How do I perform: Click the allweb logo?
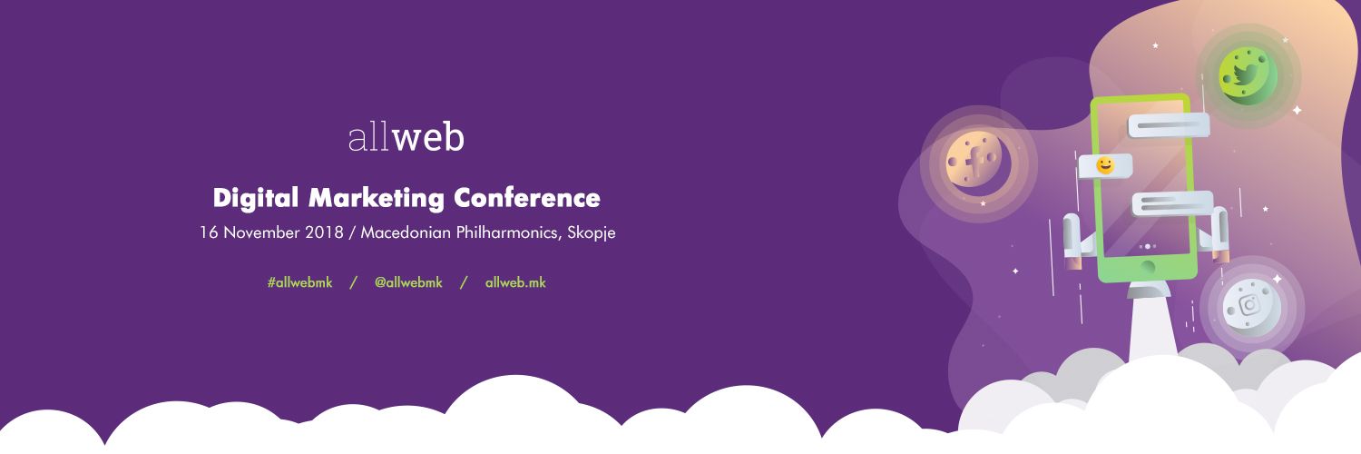click(x=406, y=137)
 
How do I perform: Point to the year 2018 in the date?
click(x=318, y=232)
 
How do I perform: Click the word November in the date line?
click(x=255, y=232)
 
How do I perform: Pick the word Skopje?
click(x=591, y=232)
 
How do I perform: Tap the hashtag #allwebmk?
click(x=299, y=282)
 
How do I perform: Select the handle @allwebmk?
click(x=408, y=282)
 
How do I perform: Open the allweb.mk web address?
click(x=515, y=282)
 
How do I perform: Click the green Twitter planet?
click(x=1248, y=74)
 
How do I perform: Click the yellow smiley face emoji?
click(x=1104, y=165)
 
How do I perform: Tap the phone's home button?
click(x=1147, y=267)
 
